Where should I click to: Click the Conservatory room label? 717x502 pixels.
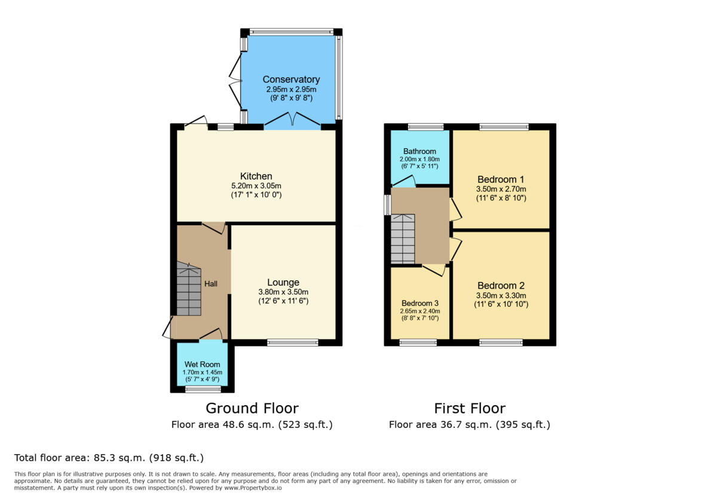coord(291,79)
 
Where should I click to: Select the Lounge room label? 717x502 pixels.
coord(283,282)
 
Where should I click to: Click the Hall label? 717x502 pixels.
coord(211,284)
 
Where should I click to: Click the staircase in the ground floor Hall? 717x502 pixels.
coord(188,291)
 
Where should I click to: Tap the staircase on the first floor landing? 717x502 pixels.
coord(403,238)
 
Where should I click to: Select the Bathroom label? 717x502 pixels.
coord(419,151)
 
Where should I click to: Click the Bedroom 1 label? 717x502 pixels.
coord(501,179)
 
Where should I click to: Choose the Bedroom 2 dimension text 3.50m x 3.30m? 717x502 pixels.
coord(501,295)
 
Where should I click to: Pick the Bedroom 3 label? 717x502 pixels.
coord(419,302)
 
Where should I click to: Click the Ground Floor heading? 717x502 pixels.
coord(252,408)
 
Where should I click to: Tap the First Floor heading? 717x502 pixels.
coord(469,408)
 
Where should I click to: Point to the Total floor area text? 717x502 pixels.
coord(109,458)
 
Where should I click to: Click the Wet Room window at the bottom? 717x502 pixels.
coord(203,390)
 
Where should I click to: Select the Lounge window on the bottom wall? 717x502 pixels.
coord(293,342)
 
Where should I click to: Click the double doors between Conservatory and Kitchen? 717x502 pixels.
coord(292,121)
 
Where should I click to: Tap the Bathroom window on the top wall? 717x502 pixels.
coord(425,127)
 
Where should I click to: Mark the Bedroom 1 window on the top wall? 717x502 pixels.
coord(504,127)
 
